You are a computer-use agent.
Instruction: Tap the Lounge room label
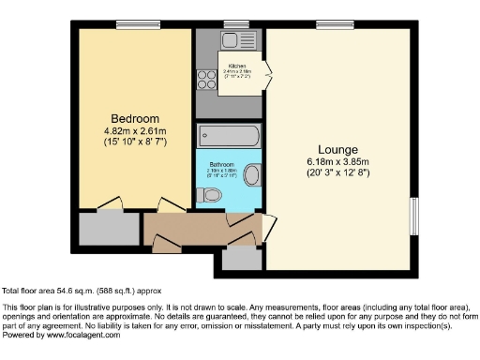(x=339, y=147)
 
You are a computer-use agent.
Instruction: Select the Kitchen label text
(x=236, y=65)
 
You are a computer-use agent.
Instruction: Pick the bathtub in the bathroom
(x=230, y=136)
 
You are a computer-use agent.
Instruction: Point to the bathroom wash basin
(x=250, y=174)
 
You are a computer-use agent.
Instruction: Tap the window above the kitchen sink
(x=231, y=23)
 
